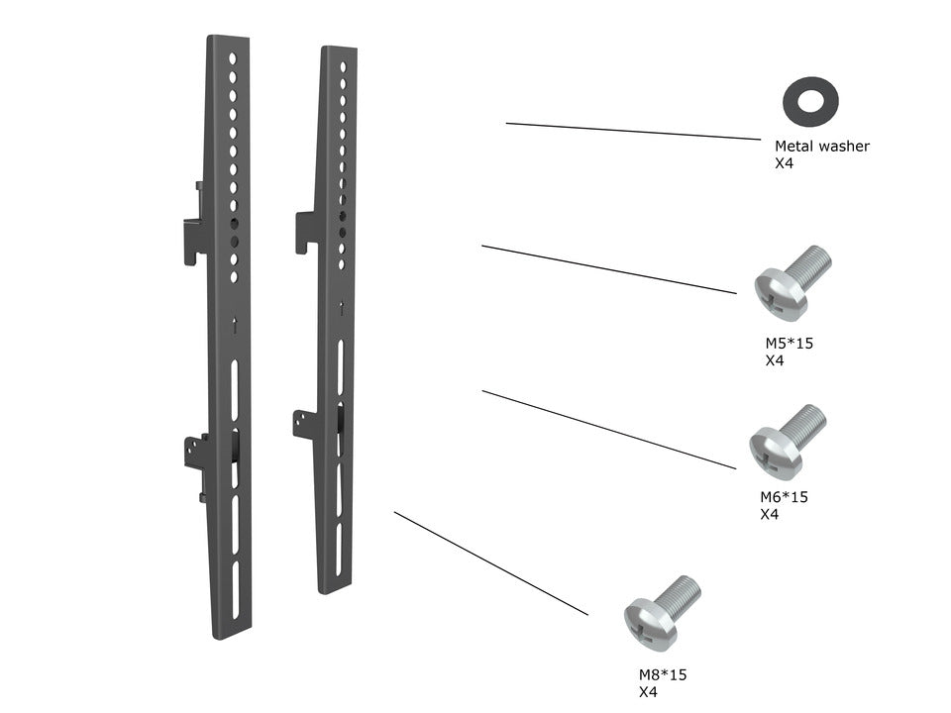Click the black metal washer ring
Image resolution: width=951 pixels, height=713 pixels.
810,100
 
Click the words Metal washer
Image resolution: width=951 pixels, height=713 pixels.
821,146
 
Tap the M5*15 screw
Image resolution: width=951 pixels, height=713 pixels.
792,283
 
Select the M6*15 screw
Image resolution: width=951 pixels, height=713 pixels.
787,440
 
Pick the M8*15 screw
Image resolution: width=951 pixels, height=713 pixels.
661,608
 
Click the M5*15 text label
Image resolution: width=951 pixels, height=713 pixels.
789,344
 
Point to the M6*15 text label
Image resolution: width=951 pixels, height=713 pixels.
783,497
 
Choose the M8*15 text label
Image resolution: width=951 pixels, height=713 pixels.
662,674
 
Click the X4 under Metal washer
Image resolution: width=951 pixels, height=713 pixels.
784,163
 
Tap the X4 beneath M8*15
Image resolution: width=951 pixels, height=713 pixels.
648,692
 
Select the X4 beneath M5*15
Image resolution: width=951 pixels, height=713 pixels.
775,361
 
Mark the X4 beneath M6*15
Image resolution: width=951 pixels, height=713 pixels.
769,515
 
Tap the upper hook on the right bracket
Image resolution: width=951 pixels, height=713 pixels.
305,230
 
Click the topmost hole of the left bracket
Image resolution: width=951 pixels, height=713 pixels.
233,58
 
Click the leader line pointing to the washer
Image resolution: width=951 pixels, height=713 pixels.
633,131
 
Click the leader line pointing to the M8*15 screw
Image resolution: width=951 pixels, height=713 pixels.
490,562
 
